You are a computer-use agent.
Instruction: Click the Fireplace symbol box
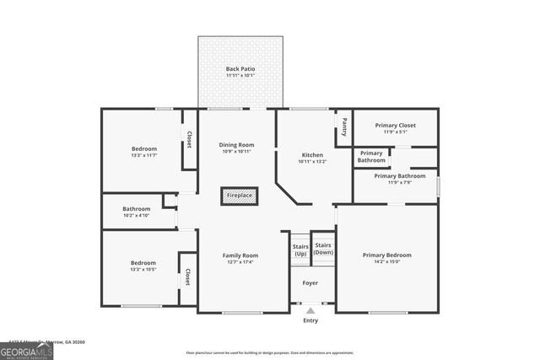point(238,196)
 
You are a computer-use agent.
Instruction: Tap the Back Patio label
point(240,68)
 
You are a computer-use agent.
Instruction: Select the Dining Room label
point(238,144)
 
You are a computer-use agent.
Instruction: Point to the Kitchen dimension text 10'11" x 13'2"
point(312,162)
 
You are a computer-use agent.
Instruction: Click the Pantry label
point(344,126)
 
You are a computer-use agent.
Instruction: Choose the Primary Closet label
point(395,125)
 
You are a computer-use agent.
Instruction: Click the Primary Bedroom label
point(387,255)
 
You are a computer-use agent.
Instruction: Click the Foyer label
point(310,283)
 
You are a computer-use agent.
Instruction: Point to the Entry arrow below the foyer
point(310,310)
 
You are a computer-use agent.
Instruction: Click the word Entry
point(310,320)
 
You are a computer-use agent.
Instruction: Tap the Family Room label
point(240,255)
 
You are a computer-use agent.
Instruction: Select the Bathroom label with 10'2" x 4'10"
point(136,209)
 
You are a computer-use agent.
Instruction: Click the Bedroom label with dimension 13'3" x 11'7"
point(143,148)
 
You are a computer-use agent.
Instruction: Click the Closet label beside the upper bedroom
point(189,138)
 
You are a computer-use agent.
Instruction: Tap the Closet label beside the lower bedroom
point(187,277)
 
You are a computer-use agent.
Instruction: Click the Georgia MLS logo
point(27,350)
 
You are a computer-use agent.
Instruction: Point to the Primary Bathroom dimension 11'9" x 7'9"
point(394,182)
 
